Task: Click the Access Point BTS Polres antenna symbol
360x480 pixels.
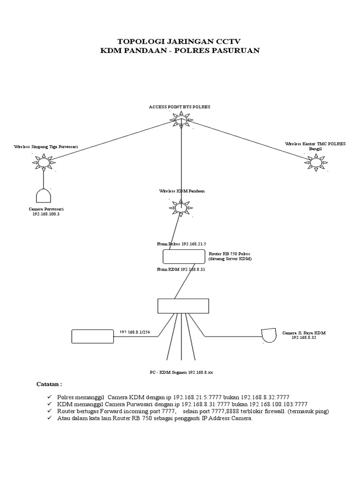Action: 181,120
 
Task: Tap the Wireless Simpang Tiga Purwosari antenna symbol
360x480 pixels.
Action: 44,162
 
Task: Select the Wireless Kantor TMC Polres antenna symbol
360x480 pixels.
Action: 315,163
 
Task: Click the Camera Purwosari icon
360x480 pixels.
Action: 44,195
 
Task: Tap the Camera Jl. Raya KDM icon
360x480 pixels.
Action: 269,336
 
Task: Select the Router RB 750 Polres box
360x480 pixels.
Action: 184,256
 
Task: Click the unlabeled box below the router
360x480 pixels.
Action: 183,306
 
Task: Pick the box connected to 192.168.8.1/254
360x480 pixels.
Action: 93,337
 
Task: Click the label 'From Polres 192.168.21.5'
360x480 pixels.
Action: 181,244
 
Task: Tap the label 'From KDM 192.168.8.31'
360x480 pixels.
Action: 181,270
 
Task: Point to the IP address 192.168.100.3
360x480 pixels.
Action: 46,214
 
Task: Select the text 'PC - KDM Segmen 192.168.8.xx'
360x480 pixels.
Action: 181,373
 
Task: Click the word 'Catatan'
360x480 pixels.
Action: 47,384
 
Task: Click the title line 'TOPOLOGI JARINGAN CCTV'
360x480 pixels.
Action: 180,41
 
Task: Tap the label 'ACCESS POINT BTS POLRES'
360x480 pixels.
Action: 180,107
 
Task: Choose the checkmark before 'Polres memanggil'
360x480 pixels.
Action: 50,397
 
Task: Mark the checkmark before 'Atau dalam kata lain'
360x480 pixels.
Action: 50,418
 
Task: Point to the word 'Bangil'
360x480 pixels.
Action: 315,149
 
